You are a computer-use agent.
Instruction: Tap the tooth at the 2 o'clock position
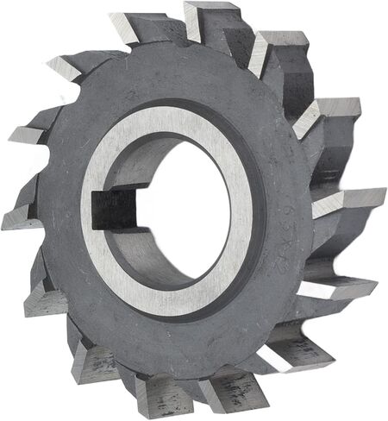(x=332, y=112)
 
